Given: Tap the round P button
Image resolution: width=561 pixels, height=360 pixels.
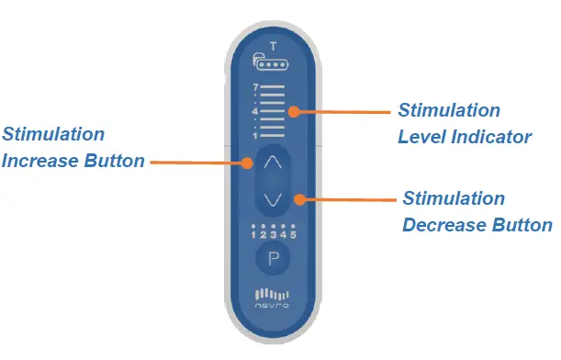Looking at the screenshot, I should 273,259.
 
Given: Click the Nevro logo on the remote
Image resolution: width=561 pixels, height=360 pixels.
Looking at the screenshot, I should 272,299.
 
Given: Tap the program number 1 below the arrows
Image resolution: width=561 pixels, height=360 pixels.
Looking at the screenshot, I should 253,235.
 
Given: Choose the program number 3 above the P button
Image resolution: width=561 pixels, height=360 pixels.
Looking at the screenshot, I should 273,235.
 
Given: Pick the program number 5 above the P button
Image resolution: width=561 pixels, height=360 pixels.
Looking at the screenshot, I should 291,235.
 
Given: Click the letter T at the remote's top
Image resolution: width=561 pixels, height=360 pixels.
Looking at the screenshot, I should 272,45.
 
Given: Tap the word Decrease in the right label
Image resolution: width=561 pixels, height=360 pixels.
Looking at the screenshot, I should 441,224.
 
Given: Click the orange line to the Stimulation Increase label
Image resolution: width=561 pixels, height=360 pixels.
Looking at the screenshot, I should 197,163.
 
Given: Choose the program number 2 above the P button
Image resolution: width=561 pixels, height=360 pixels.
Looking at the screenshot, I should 264,235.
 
